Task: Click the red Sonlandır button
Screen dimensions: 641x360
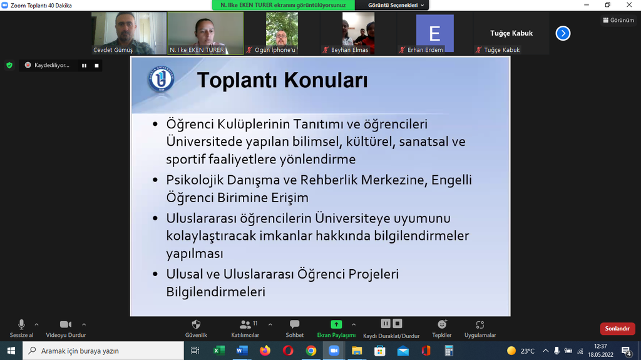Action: (x=617, y=329)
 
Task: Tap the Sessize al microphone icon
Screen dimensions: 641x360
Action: (x=21, y=324)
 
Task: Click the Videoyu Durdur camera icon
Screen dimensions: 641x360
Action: (x=65, y=324)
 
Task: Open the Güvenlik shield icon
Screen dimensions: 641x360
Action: (x=196, y=324)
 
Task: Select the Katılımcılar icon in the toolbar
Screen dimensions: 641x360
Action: (x=245, y=324)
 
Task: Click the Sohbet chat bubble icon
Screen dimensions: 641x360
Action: (x=294, y=324)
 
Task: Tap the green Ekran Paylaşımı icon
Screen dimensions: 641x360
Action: (x=336, y=324)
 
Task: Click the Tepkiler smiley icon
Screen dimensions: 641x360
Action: (x=442, y=324)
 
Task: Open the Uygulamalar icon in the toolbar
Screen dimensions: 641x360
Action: (x=480, y=325)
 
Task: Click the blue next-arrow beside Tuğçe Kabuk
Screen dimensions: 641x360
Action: (x=563, y=33)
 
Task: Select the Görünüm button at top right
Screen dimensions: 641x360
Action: (x=618, y=20)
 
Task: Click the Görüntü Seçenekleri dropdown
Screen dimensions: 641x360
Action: (x=396, y=5)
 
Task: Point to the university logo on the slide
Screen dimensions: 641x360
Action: (x=161, y=78)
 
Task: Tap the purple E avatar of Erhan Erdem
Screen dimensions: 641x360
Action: (x=434, y=33)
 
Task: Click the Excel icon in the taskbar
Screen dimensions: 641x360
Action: (x=218, y=351)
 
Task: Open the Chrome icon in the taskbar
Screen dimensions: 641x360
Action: (x=310, y=351)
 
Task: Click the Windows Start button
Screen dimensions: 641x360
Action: (x=11, y=351)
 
